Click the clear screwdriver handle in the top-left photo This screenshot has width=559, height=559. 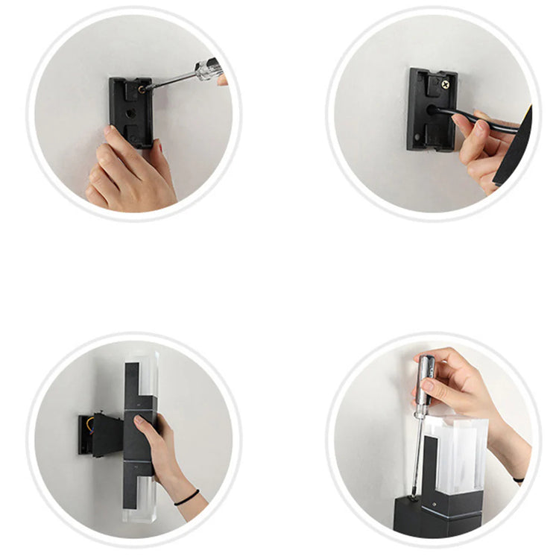pos(208,70)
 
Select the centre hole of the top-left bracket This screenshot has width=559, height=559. pos(131,114)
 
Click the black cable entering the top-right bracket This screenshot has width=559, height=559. pos(477,119)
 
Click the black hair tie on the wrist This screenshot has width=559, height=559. pos(187,497)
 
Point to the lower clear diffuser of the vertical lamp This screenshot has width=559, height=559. pos(143,499)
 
